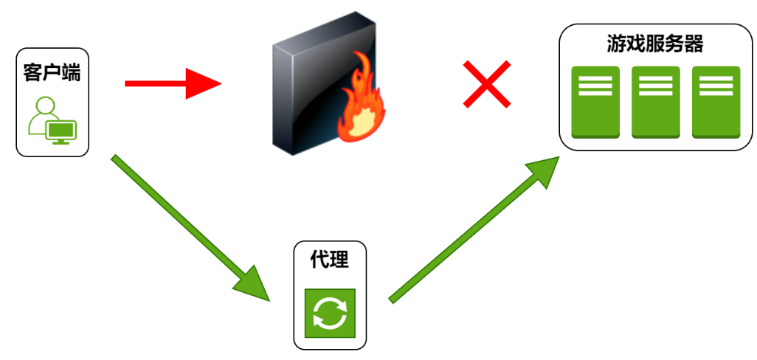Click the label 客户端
(52, 73)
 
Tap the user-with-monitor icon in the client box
(52, 120)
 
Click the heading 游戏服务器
(654, 44)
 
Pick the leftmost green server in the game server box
(595, 102)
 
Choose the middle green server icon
(655, 102)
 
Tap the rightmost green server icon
(716, 102)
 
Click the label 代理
(330, 260)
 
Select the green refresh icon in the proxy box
(330, 313)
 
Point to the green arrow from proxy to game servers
(472, 229)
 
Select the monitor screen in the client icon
(61, 131)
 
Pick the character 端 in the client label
(72, 73)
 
